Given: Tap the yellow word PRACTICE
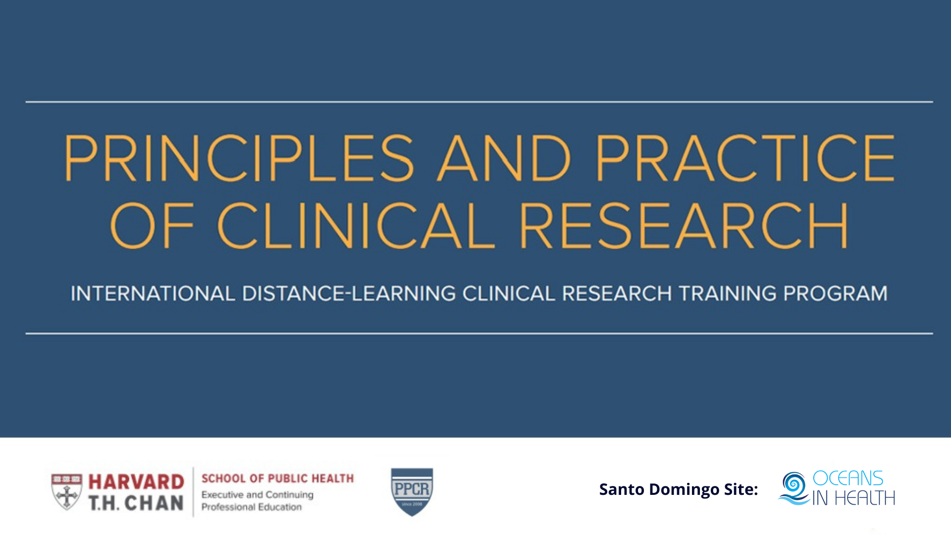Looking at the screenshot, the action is (745, 158).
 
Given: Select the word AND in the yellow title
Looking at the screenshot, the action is (504, 158).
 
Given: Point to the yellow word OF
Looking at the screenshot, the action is (152, 225).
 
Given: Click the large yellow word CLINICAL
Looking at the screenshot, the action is (356, 225).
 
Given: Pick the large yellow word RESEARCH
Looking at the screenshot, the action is (684, 225).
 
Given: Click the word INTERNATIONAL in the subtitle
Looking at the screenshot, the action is (153, 294).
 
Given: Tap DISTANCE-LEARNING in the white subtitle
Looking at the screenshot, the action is (349, 294).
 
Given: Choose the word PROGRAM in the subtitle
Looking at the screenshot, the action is (835, 294).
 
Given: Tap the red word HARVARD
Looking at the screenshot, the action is (136, 481).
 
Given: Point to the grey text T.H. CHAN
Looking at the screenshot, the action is (136, 503).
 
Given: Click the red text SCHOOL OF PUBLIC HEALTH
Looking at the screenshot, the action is (277, 479).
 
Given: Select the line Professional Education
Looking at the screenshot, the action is (252, 507).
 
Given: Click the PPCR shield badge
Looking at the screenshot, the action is (412, 492).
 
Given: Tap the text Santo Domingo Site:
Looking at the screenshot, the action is (679, 489).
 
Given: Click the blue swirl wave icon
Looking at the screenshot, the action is (794, 488).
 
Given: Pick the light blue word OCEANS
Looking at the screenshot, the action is (848, 479).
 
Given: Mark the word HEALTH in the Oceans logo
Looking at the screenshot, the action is (865, 498).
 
